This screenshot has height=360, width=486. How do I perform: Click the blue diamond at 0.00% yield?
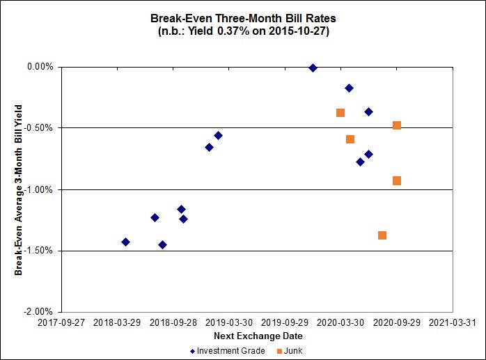pyautogui.click(x=313, y=68)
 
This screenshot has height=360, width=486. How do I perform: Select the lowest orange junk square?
pyautogui.click(x=382, y=235)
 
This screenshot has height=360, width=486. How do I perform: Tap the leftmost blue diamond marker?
pyautogui.click(x=125, y=242)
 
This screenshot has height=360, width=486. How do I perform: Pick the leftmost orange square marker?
pyautogui.click(x=340, y=113)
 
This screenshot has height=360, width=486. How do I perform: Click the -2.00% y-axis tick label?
pyautogui.click(x=39, y=312)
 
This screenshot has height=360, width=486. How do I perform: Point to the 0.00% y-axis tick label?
pyautogui.click(x=40, y=67)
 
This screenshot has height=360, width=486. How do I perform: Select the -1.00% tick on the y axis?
pyautogui.click(x=39, y=189)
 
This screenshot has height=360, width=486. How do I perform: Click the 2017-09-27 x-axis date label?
pyautogui.click(x=61, y=323)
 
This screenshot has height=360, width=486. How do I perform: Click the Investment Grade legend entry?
pyautogui.click(x=230, y=351)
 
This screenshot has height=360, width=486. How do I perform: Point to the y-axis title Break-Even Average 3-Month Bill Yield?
pyautogui.click(x=19, y=189)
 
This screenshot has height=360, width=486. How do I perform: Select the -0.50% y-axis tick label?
pyautogui.click(x=39, y=128)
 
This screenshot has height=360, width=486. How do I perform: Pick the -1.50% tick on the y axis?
pyautogui.click(x=39, y=251)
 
